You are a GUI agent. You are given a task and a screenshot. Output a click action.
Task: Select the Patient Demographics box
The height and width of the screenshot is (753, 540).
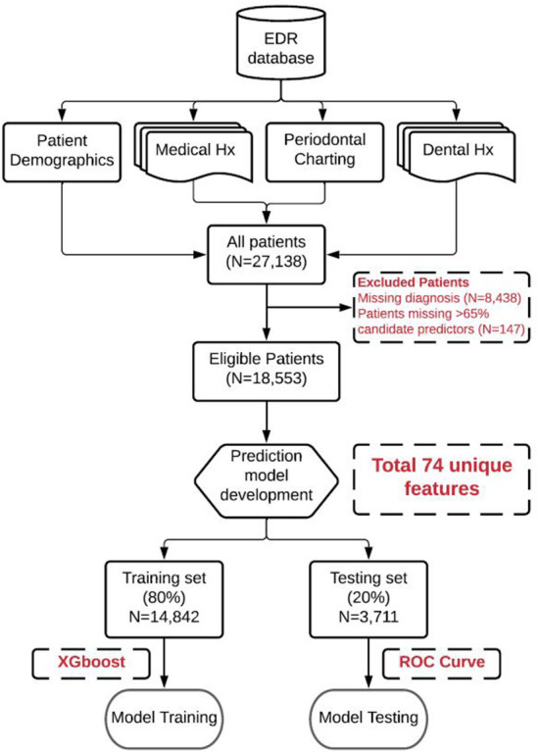62,152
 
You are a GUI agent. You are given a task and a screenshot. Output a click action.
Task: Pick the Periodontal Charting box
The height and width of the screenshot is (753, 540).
325,152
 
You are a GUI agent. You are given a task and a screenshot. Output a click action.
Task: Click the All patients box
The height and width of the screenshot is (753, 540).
267,255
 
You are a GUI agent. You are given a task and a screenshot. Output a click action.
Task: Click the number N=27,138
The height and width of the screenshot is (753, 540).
267,262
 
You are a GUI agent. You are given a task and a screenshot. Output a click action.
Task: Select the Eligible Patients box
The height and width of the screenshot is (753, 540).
267,372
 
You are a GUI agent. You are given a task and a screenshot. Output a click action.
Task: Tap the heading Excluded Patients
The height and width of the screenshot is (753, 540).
414,282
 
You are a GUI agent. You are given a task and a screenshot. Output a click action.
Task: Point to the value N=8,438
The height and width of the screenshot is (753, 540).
491,298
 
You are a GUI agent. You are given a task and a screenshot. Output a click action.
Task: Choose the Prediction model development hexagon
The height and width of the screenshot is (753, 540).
267,480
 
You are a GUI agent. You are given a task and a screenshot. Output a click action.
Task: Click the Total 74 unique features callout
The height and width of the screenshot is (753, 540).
442,479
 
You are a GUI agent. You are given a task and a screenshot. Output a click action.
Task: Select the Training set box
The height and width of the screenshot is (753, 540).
165,599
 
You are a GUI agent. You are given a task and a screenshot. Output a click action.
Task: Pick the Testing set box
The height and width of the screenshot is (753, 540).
368,599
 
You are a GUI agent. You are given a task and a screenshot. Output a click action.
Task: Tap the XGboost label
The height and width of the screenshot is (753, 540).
91,662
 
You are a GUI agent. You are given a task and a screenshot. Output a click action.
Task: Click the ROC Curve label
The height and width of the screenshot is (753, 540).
442,662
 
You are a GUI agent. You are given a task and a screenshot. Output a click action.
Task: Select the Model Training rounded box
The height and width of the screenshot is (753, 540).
165,718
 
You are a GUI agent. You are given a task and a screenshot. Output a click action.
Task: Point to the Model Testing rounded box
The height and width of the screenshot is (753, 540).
368,718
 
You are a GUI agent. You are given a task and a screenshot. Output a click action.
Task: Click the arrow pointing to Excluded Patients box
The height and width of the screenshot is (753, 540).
310,307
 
